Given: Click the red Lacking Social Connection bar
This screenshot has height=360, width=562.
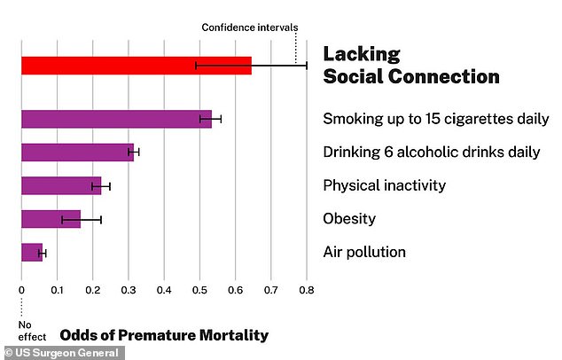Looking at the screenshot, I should tap(133, 66).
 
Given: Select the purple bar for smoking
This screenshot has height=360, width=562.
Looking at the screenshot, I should tap(115, 119).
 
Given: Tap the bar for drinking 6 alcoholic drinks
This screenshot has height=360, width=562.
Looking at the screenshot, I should tap(76, 153).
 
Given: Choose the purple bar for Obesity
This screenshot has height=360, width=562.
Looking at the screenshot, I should tap(51, 219).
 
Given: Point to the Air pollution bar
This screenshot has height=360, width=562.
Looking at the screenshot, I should tap(32, 253).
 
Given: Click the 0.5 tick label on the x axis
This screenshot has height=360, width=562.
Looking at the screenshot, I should tap(199, 289).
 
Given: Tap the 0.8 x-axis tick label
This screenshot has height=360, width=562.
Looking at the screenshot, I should tap(307, 289).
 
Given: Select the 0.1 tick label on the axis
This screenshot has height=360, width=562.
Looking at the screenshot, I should tap(57, 289).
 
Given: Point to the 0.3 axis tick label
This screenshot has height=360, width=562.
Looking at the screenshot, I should tap(128, 289).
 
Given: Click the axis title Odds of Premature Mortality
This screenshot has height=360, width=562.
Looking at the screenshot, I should tap(163, 335).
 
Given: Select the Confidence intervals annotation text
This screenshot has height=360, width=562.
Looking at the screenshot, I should tap(250, 27).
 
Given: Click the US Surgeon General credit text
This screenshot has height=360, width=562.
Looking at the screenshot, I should tap(62, 352).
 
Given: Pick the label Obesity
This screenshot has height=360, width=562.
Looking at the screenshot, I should tap(349, 219).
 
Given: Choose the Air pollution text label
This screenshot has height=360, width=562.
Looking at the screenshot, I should tap(364, 253).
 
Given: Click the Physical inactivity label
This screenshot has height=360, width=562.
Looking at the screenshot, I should tap(384, 186).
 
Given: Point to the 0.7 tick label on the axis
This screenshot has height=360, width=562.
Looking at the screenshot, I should tap(271, 289).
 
